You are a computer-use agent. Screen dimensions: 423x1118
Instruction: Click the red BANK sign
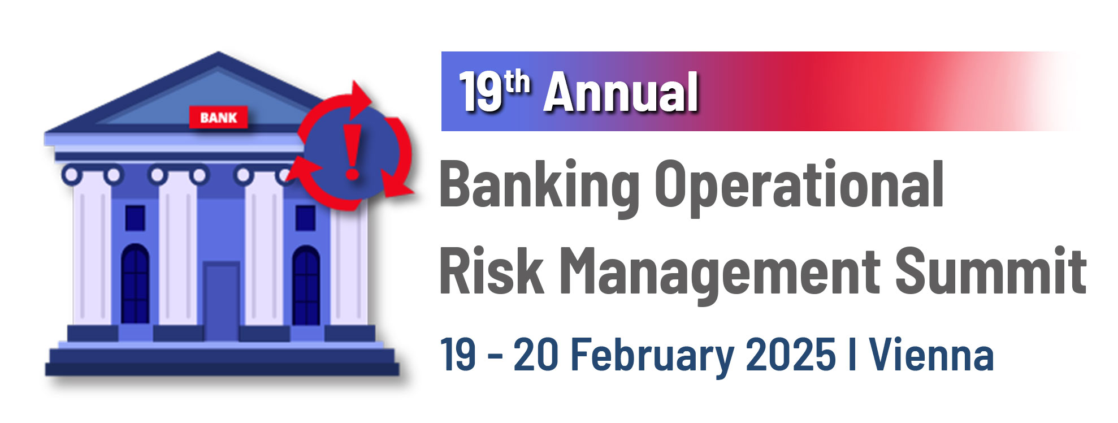coord(218,118)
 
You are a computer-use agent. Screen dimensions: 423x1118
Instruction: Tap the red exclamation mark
coord(353,152)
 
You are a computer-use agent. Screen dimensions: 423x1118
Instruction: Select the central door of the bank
coord(222,300)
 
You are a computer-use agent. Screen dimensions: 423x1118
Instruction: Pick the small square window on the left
coord(135,217)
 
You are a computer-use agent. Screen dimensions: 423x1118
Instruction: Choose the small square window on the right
coord(305,218)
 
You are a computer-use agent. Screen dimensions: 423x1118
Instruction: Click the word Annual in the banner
coord(621,93)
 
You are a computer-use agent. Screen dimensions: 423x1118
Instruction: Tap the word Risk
coord(492,271)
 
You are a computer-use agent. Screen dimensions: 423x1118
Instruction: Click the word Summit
coord(990,271)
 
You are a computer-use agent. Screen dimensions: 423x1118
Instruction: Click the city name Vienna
coord(931,354)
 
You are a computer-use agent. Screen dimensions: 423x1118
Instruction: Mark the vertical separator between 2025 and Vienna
coord(852,354)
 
